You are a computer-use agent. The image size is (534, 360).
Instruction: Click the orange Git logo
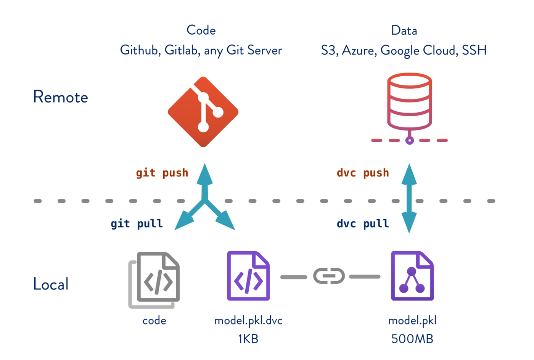[x=203, y=112]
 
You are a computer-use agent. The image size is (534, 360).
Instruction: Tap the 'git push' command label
[x=162, y=173]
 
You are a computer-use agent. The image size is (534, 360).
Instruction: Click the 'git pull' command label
[x=137, y=223]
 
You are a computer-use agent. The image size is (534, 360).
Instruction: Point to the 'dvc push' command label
[x=363, y=173]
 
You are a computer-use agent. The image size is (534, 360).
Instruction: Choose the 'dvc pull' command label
[x=363, y=223]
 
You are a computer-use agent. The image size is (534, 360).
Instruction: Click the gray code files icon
[x=155, y=280]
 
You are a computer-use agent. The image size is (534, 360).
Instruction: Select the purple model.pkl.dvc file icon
[x=248, y=276]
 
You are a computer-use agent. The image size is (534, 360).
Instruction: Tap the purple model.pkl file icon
[x=412, y=276]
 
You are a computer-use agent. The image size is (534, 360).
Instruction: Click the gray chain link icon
[x=329, y=276]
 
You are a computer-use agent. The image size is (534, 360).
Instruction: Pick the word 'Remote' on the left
[x=60, y=97]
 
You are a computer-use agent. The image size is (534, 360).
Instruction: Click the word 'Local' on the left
[x=51, y=284]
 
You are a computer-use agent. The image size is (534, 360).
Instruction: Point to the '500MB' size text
[x=412, y=339]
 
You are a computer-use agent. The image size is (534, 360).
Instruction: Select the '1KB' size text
[x=248, y=339]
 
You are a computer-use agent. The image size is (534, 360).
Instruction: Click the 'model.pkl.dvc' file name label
[x=248, y=320]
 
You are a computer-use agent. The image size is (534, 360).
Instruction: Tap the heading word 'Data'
[x=404, y=31]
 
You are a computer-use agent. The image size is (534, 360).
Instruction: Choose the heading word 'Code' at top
[x=201, y=30]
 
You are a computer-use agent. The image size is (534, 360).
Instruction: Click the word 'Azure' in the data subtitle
[x=358, y=50]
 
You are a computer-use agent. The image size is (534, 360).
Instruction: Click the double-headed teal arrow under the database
[x=409, y=198]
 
